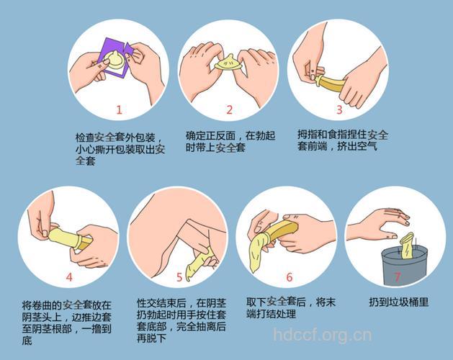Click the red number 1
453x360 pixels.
tap(120, 110)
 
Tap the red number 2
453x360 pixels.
tap(230, 110)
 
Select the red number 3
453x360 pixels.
tap(339, 110)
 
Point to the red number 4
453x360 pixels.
tap(69, 276)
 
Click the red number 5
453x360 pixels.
tap(179, 276)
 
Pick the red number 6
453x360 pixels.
tap(290, 276)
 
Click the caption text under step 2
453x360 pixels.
tap(230, 141)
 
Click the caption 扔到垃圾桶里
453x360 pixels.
tap(398, 302)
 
